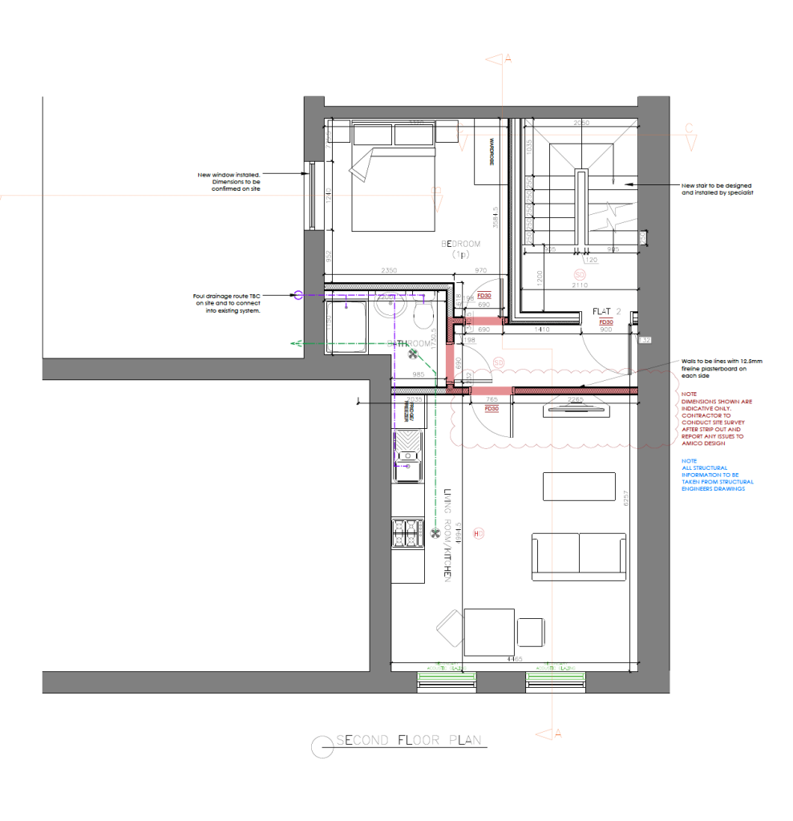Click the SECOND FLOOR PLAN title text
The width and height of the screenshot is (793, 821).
coord(409,740)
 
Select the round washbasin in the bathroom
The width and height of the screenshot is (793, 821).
coord(386,304)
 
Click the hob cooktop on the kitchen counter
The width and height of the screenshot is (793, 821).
coord(407,532)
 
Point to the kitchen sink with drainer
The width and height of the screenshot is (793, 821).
coord(407,456)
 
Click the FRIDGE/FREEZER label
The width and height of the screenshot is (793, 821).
coord(411,410)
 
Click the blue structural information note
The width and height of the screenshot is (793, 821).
coord(717,475)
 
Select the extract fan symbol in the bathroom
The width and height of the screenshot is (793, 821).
coord(414,353)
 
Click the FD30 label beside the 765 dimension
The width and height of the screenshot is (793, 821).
coord(492,408)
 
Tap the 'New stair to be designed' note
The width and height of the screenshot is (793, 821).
coord(718,188)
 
